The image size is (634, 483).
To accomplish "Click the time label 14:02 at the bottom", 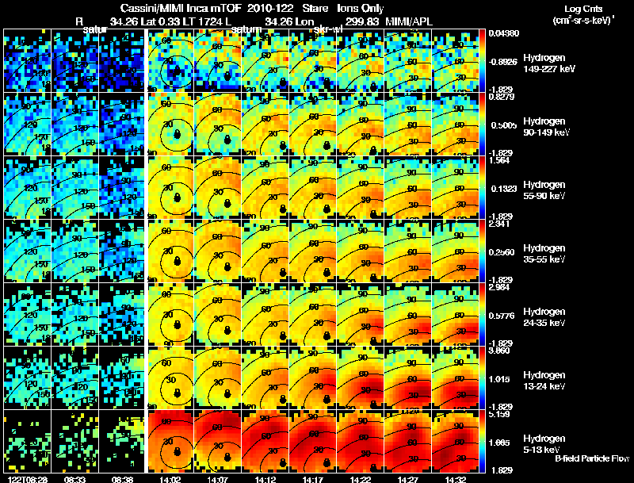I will tap(170, 479).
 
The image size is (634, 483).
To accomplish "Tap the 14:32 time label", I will tap(456, 479).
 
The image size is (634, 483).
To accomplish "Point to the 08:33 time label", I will tap(74, 479).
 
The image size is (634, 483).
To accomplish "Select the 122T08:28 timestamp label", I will tap(25, 479).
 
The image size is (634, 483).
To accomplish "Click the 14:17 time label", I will tap(313, 479).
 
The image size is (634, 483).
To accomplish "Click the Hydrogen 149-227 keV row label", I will tap(546, 63).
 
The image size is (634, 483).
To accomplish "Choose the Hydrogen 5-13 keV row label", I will tap(546, 443).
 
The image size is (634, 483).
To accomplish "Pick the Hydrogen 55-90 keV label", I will tap(546, 190).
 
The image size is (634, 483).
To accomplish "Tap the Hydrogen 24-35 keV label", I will tap(546, 316).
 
